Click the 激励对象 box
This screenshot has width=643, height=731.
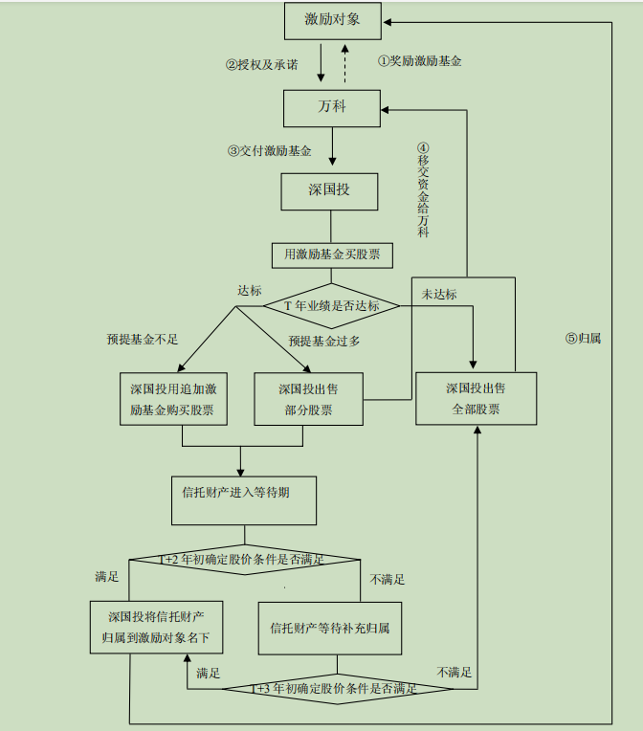coord(332,19)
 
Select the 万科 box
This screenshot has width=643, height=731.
coord(332,107)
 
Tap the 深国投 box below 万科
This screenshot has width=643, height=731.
coord(329,190)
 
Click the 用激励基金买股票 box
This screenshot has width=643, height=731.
coord(332,255)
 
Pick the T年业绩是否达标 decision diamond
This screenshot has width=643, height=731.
coord(330,306)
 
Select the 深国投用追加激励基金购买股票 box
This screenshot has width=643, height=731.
coord(172,399)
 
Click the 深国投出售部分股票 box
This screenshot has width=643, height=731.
coord(308,399)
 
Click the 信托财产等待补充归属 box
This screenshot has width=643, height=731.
coord(329,628)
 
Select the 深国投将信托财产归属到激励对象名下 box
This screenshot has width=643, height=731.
coord(157,627)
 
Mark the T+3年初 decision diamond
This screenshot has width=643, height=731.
coord(335,688)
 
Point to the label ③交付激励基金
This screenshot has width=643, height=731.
coord(270,150)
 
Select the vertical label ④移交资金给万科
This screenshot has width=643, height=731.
coord(424,190)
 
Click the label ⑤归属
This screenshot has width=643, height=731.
coord(583,338)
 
